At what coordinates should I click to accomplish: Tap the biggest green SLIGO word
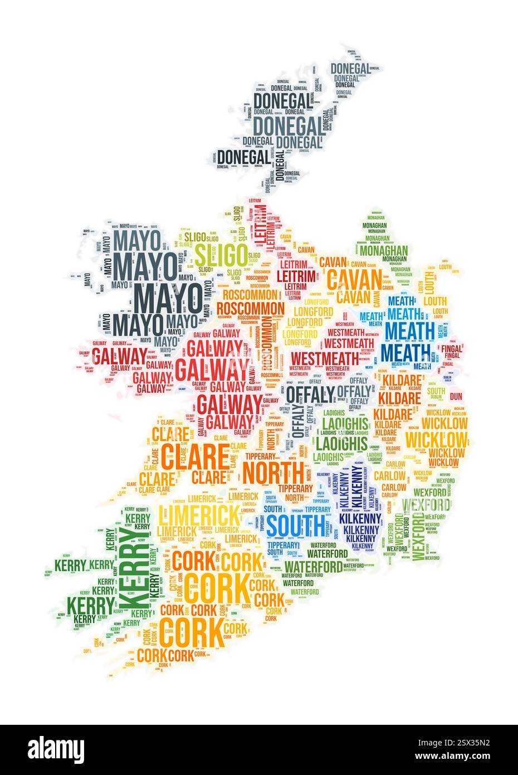221,255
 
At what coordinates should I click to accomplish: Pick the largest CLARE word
196,457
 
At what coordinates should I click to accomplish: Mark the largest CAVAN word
354,278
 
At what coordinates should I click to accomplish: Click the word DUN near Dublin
456,396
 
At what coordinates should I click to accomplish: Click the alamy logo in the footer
56,749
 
